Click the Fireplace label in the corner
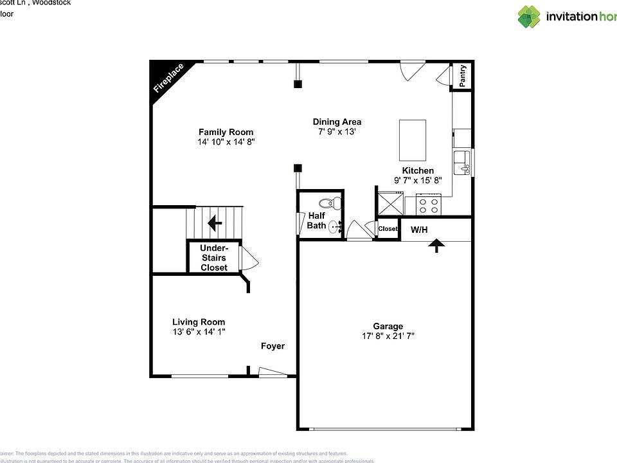pyautogui.click(x=168, y=78)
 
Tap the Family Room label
pyautogui.click(x=226, y=132)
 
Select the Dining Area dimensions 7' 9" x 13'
pyautogui.click(x=337, y=131)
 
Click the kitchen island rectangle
pyautogui.click(x=413, y=140)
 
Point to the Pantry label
pyautogui.click(x=462, y=76)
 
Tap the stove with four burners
pyautogui.click(x=429, y=205)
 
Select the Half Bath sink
pyautogui.click(x=334, y=226)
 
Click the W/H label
pyautogui.click(x=420, y=229)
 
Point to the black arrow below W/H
pyautogui.click(x=436, y=246)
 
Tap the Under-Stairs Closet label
pyautogui.click(x=214, y=258)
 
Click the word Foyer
pyautogui.click(x=273, y=346)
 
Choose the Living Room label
pyautogui.click(x=199, y=322)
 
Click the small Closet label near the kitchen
pyautogui.click(x=388, y=229)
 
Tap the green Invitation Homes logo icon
pyautogui.click(x=529, y=17)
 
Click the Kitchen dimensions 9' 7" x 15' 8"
pyautogui.click(x=418, y=181)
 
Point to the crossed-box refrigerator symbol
pyautogui.click(x=390, y=205)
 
